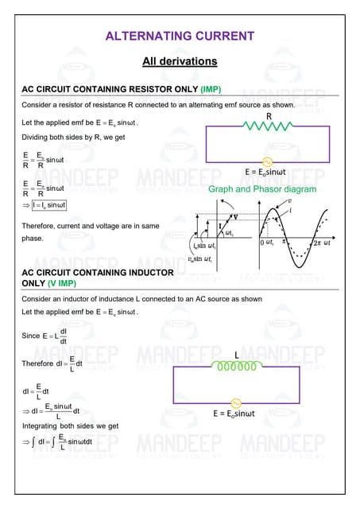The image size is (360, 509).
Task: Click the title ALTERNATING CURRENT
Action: (x=180, y=36)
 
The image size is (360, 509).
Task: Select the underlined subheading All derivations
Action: (x=180, y=61)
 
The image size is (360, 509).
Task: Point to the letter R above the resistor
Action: (x=269, y=116)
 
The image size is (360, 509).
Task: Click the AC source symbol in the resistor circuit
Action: (x=257, y=161)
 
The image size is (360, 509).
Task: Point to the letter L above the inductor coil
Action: (x=237, y=355)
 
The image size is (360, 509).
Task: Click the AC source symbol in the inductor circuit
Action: (x=235, y=402)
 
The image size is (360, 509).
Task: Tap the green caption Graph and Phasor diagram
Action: (x=262, y=189)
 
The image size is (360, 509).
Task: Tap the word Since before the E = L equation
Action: (x=30, y=336)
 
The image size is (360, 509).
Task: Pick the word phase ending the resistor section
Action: (x=33, y=238)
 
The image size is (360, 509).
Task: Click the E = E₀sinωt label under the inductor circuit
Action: (x=235, y=414)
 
